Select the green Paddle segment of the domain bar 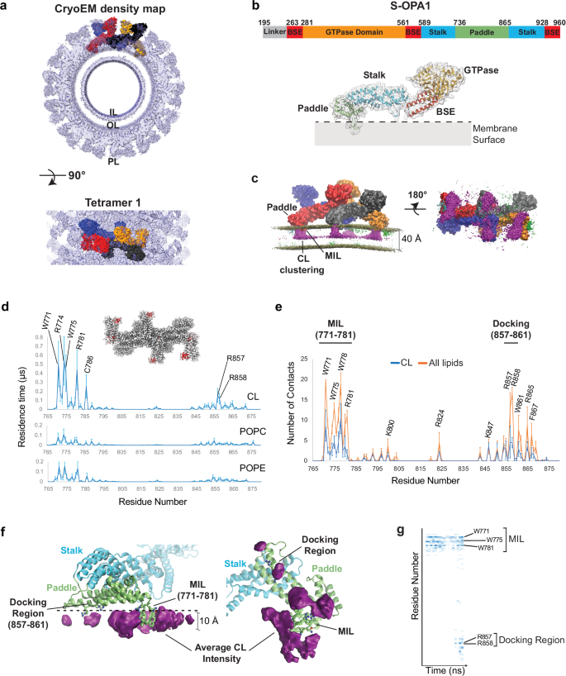[481, 31]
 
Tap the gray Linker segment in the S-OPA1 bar [274, 31]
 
